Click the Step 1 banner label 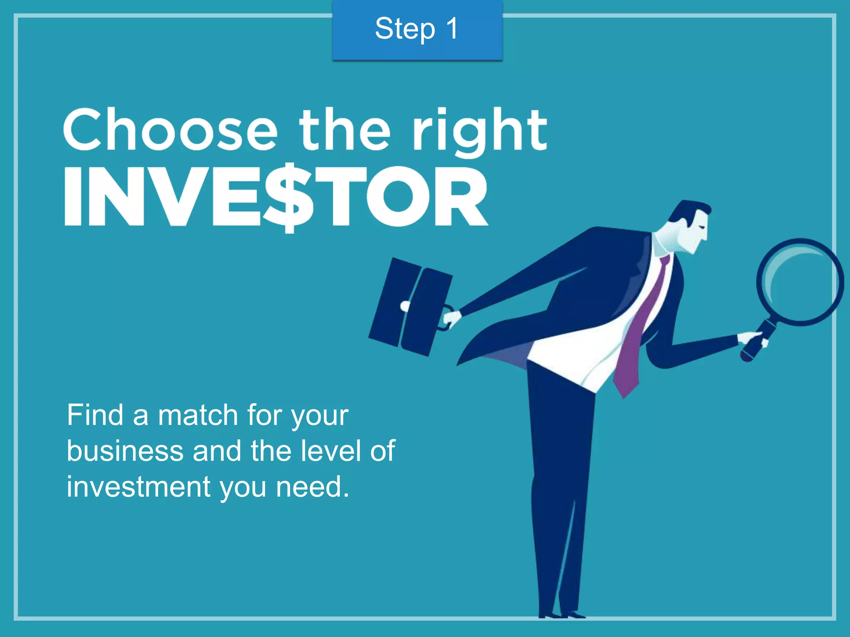point(417,29)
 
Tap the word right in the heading point(479,131)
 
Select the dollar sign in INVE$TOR point(288,197)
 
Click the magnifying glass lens point(800,282)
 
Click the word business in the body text point(125,451)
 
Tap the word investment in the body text point(139,487)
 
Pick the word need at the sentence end point(311,487)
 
